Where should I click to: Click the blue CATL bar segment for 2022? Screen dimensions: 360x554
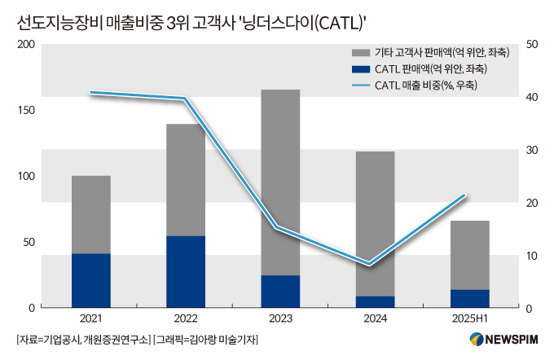point(186,272)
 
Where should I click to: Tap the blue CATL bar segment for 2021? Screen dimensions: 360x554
point(91,281)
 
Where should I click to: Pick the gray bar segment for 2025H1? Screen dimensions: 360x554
point(470,255)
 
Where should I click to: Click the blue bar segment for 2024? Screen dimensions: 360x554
point(376,302)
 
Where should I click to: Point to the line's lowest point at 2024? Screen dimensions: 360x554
point(370,264)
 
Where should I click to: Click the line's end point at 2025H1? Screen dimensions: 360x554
point(464,195)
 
